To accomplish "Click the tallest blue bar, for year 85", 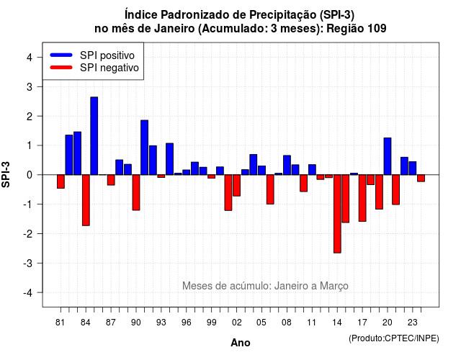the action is tap(94, 136).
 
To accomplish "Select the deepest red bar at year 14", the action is tap(337, 214).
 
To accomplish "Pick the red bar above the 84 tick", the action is tap(86, 200).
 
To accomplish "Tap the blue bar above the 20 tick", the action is tap(388, 156).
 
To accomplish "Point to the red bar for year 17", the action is tap(362, 198).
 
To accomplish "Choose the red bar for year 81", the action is tap(61, 181).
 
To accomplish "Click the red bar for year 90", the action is tap(136, 192).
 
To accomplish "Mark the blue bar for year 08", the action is tap(287, 165).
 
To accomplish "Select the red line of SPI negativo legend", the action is tap(61, 68).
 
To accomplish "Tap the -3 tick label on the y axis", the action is tap(27, 263).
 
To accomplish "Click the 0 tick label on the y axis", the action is tap(30, 175).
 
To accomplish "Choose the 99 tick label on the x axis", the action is tap(211, 323).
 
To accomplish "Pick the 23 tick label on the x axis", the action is tap(413, 323).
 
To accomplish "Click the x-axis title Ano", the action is tap(241, 343).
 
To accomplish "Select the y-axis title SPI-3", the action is tap(6, 174).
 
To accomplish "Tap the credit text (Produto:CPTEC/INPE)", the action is tap(394, 338).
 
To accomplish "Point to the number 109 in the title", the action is tap(377, 29).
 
